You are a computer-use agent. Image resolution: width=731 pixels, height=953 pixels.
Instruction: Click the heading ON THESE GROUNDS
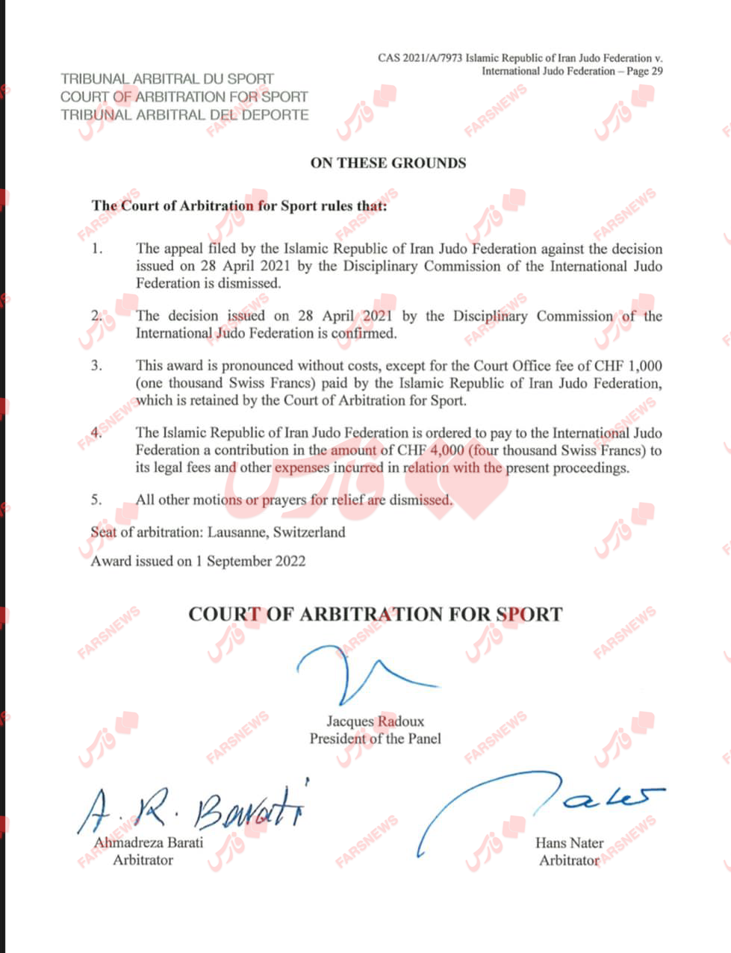click(388, 164)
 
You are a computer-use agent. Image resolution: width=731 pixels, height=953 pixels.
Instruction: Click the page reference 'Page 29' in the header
click(643, 72)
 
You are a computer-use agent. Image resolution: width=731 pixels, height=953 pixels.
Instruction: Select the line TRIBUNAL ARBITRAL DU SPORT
click(167, 78)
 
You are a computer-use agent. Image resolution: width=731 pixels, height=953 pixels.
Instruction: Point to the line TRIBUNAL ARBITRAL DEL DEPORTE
click(184, 115)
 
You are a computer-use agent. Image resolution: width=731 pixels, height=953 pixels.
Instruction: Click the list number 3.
click(96, 366)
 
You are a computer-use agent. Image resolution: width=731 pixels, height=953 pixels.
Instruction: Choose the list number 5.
click(96, 500)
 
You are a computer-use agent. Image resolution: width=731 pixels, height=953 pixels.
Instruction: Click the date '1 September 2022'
click(251, 561)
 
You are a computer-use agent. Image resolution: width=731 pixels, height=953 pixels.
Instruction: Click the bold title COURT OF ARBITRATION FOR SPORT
click(375, 615)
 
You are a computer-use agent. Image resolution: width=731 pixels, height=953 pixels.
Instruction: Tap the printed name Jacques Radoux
click(375, 721)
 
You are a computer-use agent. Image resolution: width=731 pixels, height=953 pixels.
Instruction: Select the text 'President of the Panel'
click(375, 739)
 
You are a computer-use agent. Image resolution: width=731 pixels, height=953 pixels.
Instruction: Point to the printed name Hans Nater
click(569, 842)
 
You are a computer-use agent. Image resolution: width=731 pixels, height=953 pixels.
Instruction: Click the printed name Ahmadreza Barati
click(148, 842)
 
